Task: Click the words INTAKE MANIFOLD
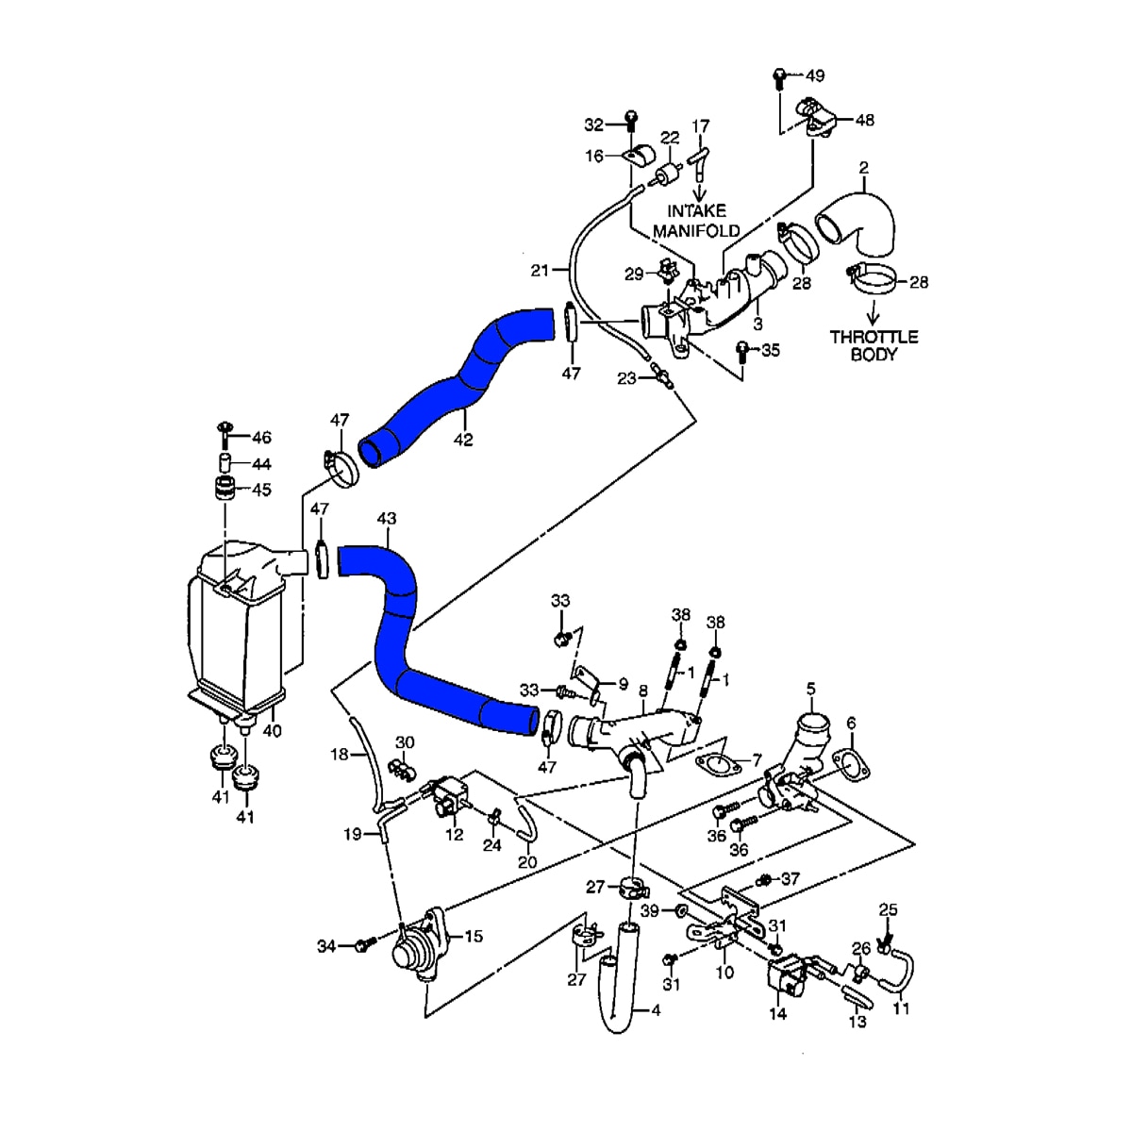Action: (696, 221)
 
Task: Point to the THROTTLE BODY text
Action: (874, 345)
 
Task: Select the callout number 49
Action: (813, 75)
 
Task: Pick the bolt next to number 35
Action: (742, 352)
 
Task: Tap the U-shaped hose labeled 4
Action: (618, 990)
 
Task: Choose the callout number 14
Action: (777, 1014)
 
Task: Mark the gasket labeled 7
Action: (717, 760)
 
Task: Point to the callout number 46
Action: (260, 438)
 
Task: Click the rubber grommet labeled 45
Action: (225, 491)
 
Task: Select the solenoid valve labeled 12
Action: (450, 791)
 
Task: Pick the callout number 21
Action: (539, 271)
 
